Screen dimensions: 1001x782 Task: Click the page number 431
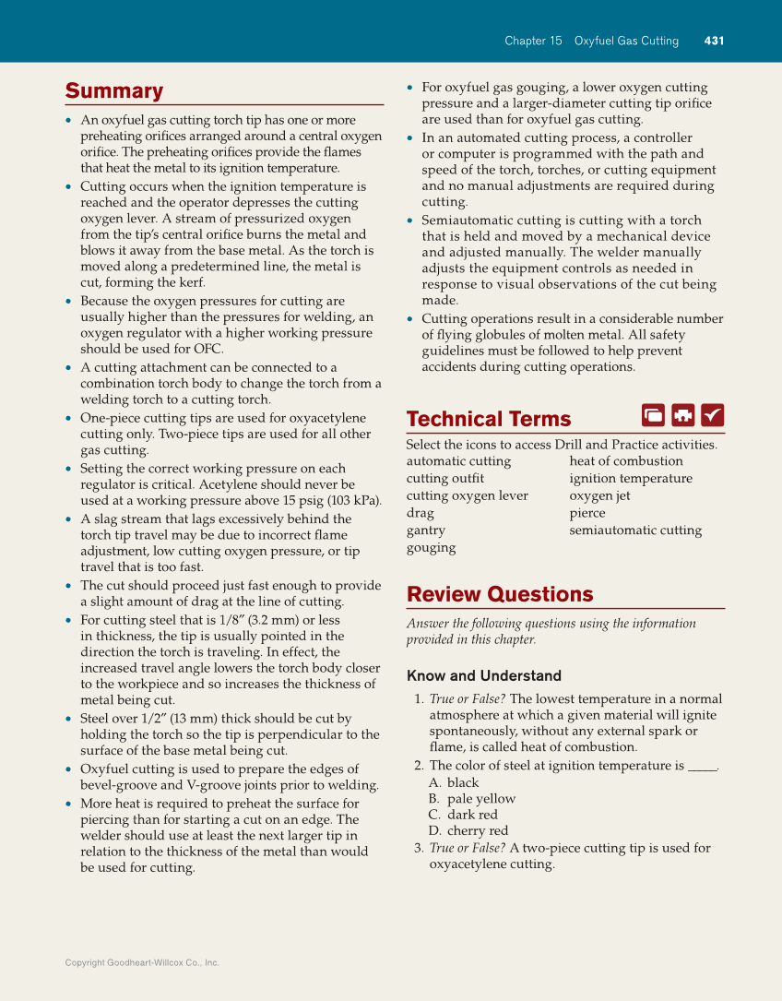[714, 41]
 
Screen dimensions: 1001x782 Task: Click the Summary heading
[113, 90]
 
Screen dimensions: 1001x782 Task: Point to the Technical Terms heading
[488, 419]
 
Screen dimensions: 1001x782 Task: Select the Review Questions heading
[499, 594]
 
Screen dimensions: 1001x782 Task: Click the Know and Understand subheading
[483, 675]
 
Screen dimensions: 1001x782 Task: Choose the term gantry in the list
[425, 530]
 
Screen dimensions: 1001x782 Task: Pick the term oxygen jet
[599, 495]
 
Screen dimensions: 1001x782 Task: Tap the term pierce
[587, 513]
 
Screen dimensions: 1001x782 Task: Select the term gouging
[431, 548]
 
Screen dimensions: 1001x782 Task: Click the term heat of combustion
[625, 461]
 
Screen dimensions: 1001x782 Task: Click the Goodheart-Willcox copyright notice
[142, 962]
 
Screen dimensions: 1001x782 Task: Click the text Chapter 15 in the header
[533, 41]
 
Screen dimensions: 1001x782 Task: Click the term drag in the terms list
[420, 513]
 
